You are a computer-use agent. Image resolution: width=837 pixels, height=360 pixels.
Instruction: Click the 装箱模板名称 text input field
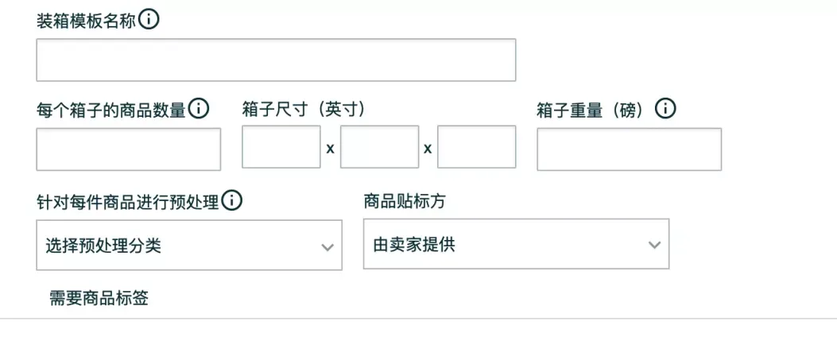pyautogui.click(x=276, y=60)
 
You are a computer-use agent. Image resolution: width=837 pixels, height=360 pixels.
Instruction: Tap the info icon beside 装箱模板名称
pyautogui.click(x=149, y=20)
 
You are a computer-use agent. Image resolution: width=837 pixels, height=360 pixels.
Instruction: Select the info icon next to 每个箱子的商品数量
pyautogui.click(x=199, y=109)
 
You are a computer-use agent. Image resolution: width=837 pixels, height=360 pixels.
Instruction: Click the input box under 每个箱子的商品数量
pyautogui.click(x=129, y=149)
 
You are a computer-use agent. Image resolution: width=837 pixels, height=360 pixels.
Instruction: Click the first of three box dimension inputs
pyautogui.click(x=281, y=147)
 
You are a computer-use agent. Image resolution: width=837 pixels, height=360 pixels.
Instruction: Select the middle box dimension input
pyautogui.click(x=379, y=147)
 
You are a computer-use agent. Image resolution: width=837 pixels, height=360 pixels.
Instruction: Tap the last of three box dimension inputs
pyautogui.click(x=477, y=147)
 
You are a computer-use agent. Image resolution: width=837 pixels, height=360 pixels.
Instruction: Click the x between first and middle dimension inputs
pyautogui.click(x=331, y=149)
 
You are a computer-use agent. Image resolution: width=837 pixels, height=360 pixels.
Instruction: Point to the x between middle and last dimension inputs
pyautogui.click(x=428, y=149)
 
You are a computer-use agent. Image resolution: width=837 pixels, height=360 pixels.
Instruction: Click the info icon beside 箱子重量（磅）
pyautogui.click(x=665, y=109)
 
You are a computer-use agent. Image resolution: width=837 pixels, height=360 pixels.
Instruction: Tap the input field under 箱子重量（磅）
pyautogui.click(x=630, y=149)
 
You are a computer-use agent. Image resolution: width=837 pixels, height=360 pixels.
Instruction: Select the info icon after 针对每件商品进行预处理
pyautogui.click(x=231, y=200)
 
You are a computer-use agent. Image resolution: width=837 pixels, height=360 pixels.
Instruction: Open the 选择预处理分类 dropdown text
pyautogui.click(x=103, y=246)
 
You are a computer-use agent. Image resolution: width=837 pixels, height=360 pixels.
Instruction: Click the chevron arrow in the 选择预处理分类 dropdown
pyautogui.click(x=327, y=247)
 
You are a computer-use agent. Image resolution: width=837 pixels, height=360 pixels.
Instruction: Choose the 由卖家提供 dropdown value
pyautogui.click(x=414, y=246)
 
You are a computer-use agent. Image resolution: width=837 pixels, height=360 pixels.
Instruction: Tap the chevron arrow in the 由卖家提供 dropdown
pyautogui.click(x=654, y=245)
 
